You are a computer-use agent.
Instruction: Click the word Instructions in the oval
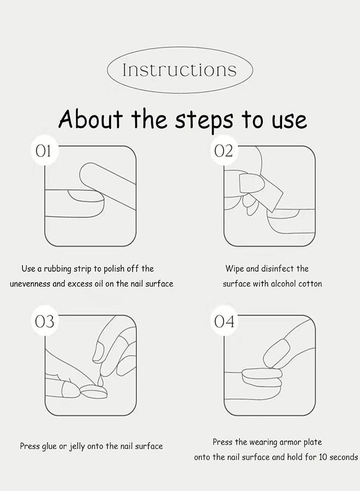click(179, 70)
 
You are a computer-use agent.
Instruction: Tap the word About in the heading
click(90, 119)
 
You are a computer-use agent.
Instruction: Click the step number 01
click(43, 151)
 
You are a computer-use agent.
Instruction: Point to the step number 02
click(224, 151)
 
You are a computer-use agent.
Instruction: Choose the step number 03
click(44, 321)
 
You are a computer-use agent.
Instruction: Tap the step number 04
click(224, 321)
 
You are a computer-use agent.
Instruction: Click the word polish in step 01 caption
click(114, 269)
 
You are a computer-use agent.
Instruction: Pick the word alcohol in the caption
click(283, 284)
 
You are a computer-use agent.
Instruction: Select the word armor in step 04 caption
click(290, 442)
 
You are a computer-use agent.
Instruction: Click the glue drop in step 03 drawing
click(100, 380)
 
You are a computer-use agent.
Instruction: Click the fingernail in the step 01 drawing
click(85, 195)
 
